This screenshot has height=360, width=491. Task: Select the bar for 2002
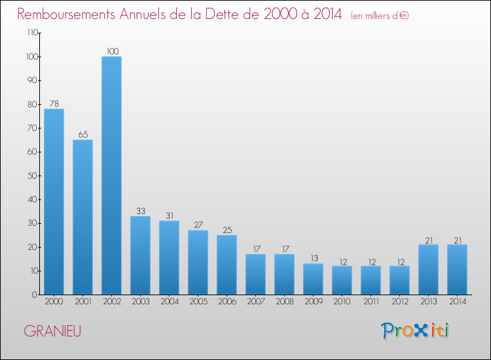[111, 175]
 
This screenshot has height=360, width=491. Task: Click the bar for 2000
[54, 202]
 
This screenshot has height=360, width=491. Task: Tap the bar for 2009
[313, 279]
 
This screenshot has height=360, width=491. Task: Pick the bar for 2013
[428, 270]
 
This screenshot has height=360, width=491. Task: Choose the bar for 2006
[227, 265]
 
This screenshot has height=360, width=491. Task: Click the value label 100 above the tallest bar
[113, 51]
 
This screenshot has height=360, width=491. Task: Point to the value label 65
[83, 135]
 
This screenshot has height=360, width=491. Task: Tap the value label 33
[141, 211]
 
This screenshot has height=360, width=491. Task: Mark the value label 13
[314, 259]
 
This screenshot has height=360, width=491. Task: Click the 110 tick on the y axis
[33, 33]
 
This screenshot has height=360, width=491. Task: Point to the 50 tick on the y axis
[33, 175]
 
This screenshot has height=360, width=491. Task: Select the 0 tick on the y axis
[35, 295]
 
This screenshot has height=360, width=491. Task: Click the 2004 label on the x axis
[170, 302]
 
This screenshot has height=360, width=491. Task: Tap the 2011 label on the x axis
[371, 302]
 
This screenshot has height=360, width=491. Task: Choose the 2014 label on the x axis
[458, 302]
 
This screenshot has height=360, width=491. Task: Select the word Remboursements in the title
[66, 14]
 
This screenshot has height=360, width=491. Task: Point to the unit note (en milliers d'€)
[380, 16]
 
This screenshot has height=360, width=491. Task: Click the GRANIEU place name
[52, 331]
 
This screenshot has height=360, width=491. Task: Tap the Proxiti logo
[415, 331]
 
